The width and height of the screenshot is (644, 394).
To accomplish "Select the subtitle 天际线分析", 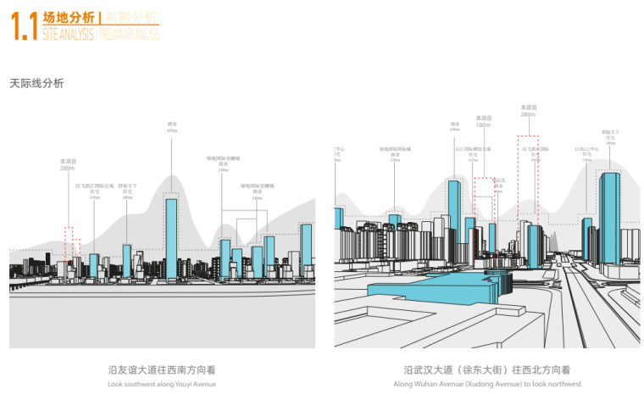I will [x=36, y=83].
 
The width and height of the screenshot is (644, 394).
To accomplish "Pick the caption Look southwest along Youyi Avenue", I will [x=162, y=384].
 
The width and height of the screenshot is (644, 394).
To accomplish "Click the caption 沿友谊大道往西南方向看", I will [x=162, y=370].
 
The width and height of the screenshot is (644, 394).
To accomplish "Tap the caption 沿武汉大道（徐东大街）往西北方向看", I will [x=486, y=370].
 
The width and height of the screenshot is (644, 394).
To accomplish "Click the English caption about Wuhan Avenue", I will [x=486, y=384].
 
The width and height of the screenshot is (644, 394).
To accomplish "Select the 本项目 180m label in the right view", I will [x=483, y=121].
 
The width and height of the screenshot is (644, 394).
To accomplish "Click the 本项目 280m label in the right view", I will [x=528, y=111].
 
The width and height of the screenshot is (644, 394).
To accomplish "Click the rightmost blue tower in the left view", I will [x=306, y=250].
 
